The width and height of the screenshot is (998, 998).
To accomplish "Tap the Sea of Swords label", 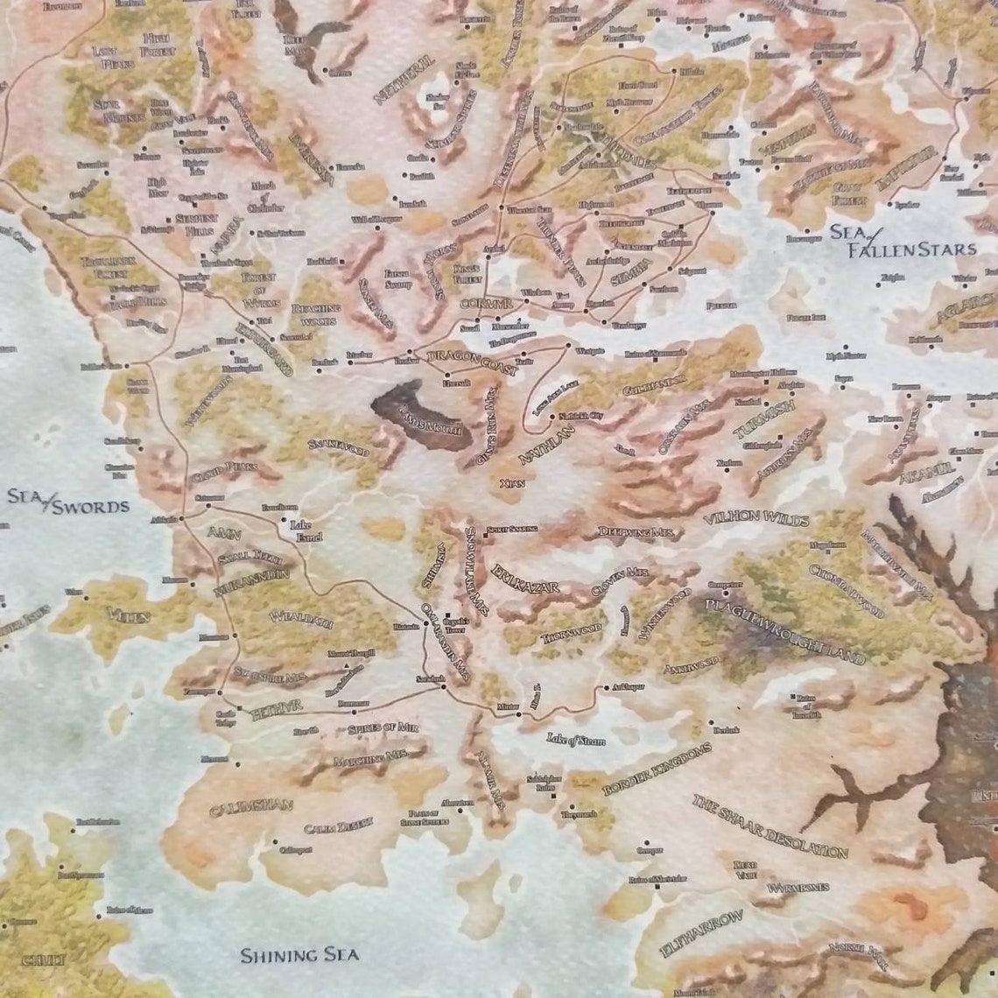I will point(67,502).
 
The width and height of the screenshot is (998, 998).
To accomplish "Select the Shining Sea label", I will point(299,954).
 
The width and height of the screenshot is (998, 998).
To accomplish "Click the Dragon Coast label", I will point(472,362).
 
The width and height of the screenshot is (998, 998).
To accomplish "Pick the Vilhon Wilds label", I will point(756,519).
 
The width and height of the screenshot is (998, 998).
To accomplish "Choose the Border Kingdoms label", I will point(657,770).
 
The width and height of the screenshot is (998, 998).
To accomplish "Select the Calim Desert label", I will point(338,825).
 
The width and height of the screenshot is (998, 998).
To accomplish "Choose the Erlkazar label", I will point(525,578).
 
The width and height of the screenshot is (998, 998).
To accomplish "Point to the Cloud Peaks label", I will point(223,467).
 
